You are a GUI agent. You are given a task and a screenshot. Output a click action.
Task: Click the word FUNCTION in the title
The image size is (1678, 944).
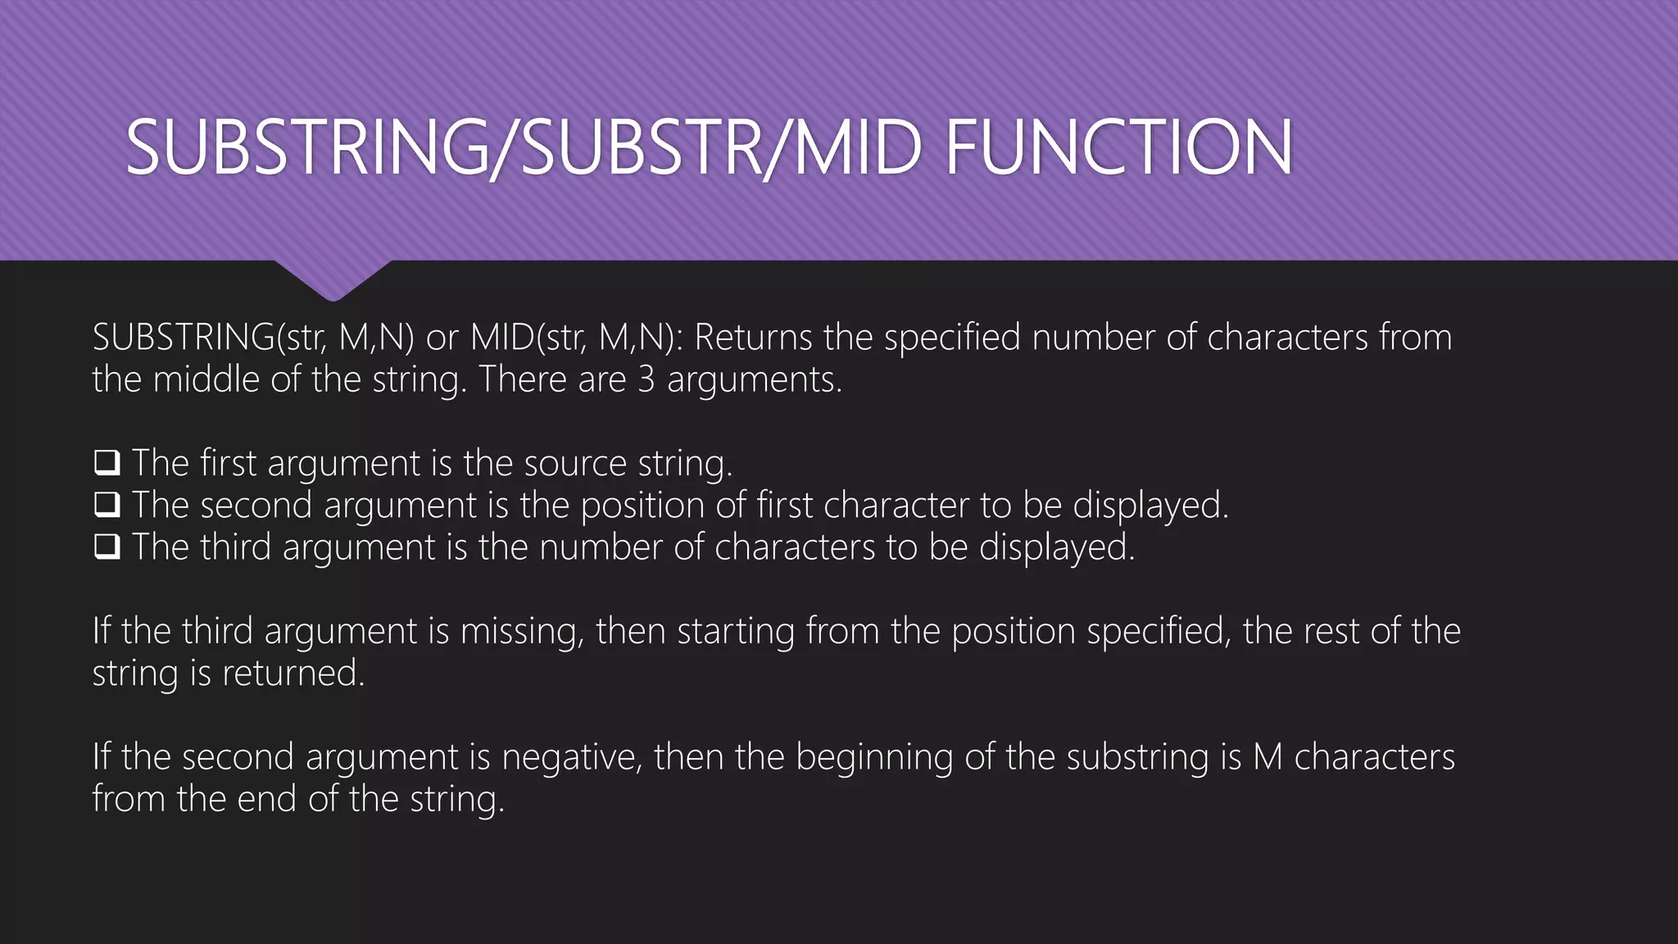[1119, 147]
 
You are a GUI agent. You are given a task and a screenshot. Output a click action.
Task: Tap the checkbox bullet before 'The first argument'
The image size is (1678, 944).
[107, 463]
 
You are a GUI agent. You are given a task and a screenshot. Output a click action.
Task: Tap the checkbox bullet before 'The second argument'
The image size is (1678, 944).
[107, 505]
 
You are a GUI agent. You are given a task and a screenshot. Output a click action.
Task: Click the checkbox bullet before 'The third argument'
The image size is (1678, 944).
[107, 547]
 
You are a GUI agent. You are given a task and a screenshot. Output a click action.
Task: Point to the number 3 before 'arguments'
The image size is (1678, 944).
[646, 379]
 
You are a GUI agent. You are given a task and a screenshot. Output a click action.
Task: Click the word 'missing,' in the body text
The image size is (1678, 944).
[522, 631]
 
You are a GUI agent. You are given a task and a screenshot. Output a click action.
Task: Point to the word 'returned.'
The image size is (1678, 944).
[293, 673]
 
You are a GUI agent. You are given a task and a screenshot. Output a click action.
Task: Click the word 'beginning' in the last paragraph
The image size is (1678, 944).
[874, 756]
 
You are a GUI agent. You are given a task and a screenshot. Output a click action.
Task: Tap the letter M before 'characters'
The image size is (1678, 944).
[1268, 756]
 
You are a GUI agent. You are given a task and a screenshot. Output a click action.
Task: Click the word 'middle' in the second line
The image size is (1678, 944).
[206, 379]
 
